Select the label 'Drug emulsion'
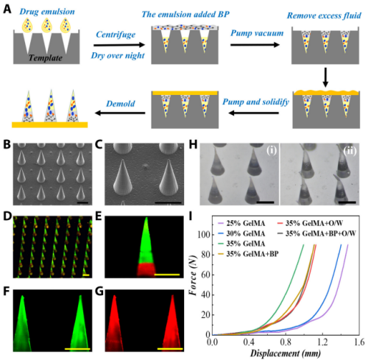pos(43,8)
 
